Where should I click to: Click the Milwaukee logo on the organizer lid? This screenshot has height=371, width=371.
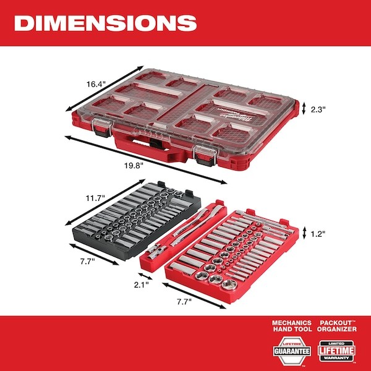238,113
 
